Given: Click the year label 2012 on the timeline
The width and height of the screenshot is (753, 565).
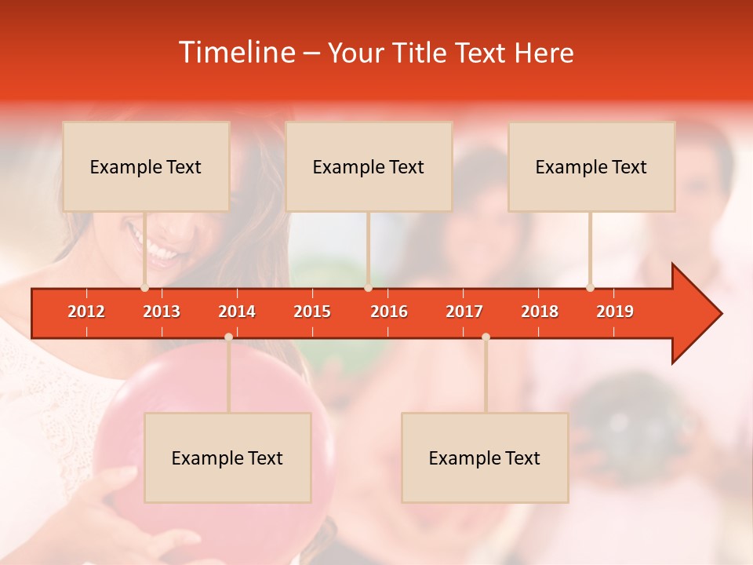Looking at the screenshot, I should (86, 312).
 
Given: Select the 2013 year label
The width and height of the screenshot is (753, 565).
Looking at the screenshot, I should (162, 312).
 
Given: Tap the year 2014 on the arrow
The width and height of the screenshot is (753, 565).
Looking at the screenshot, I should (237, 312).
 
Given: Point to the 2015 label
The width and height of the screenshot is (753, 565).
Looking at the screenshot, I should (312, 312).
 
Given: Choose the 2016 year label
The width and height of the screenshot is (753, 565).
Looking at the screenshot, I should (389, 312).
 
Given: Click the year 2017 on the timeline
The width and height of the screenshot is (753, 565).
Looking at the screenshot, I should (464, 312).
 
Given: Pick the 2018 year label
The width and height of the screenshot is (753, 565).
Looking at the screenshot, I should (540, 312).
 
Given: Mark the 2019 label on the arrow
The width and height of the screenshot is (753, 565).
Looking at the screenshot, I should (615, 312).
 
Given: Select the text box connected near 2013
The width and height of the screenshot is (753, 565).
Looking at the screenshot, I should (146, 166).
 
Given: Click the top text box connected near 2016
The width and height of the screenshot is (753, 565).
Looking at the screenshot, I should (369, 166).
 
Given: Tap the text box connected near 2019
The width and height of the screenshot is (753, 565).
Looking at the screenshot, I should (591, 166).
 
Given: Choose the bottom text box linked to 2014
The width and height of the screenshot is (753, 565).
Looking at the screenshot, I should (227, 457).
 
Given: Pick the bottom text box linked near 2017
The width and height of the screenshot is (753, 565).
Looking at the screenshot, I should (485, 457).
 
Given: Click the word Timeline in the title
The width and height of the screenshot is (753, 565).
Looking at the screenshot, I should (236, 53).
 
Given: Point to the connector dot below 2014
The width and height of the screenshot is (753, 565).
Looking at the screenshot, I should (228, 337).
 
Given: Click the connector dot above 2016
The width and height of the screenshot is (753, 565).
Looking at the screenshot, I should (368, 288).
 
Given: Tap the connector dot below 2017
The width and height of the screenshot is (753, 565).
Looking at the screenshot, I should (486, 337).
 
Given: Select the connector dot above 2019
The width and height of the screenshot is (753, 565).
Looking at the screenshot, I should (590, 288).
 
